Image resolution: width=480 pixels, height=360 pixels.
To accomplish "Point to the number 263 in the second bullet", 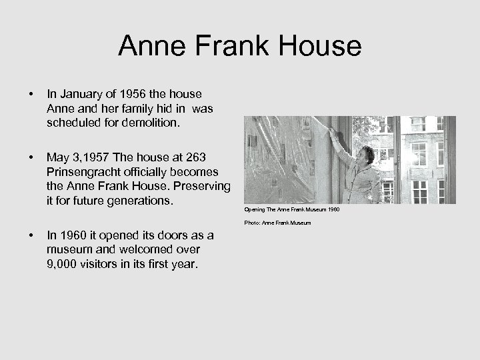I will pos(194,157).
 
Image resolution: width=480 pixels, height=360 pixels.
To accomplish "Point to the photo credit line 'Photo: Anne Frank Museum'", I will pos(277,223).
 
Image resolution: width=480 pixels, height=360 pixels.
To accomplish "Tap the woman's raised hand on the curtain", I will pos(331,133).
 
